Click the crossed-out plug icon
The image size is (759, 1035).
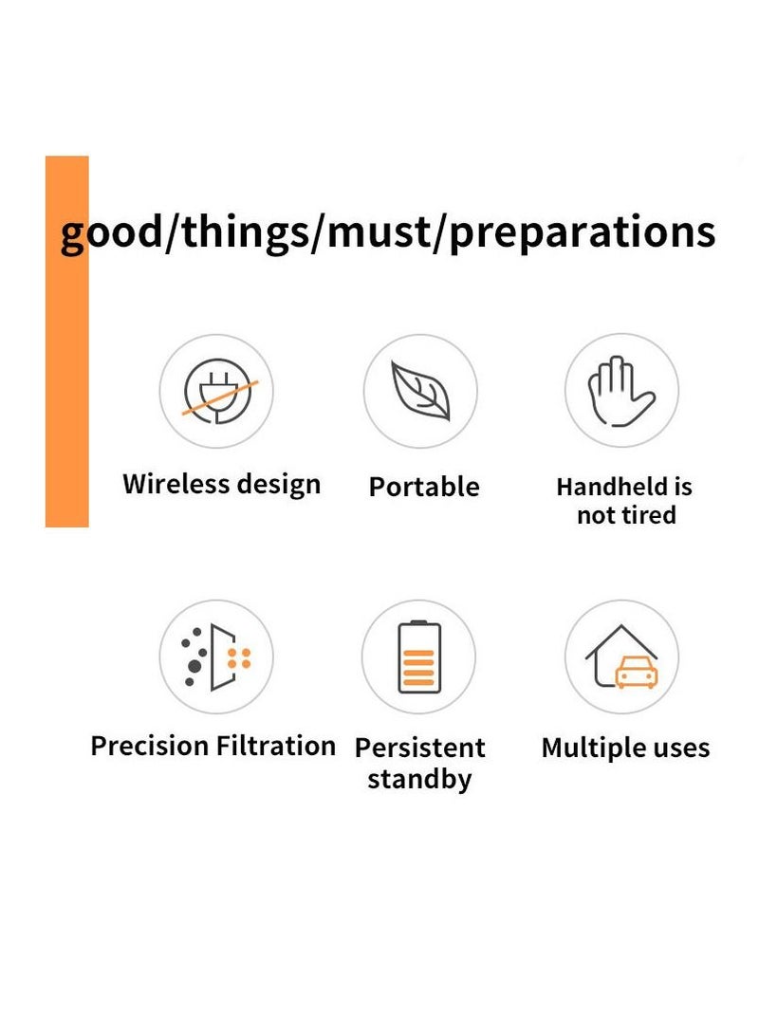pos(218,391)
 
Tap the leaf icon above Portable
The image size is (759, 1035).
pos(420,390)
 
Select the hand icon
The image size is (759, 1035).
pos(620,392)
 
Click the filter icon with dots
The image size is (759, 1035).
pos(215,656)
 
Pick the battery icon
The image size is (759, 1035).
pos(419,656)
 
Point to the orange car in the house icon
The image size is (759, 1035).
pos(637,672)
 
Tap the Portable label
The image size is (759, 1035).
pos(424,487)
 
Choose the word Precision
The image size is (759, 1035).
pos(150,746)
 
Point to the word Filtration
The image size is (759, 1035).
pos(276,746)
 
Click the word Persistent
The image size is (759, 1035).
pos(419,748)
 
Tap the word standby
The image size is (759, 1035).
pos(419,779)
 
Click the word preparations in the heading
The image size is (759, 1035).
pos(583,233)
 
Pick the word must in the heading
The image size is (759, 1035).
pos(379,232)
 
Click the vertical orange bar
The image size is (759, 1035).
pos(66,342)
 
